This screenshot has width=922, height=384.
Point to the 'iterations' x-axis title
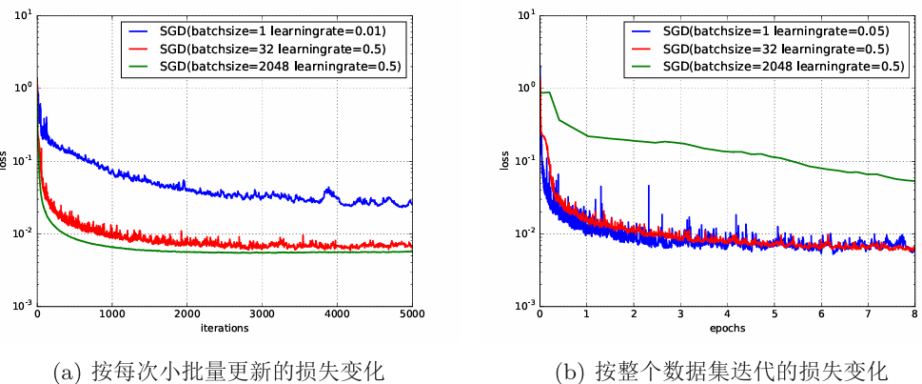225,328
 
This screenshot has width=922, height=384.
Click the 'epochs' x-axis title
727,328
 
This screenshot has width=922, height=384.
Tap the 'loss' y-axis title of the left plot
7,160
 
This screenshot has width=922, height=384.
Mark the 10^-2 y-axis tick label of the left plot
23,232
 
